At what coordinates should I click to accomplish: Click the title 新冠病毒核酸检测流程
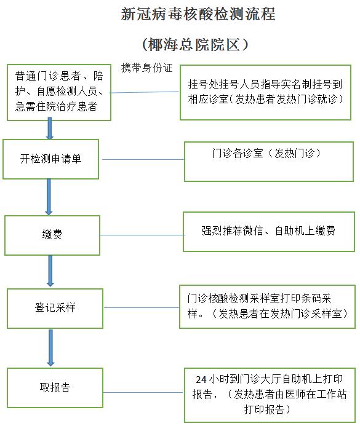coord(198,14)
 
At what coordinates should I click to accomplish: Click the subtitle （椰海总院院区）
coord(195,44)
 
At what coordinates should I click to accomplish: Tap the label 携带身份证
coord(147,68)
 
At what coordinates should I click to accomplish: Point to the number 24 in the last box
coord(201,379)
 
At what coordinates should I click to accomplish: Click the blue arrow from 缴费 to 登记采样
coord(50,271)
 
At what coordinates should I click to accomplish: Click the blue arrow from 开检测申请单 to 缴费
coord(49,197)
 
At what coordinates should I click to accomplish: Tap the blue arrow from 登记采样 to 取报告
coord(50,348)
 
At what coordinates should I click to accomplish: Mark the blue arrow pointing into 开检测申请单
coord(49,128)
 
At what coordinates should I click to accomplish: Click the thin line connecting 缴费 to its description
coord(143,235)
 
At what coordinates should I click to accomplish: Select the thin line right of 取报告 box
coord(143,392)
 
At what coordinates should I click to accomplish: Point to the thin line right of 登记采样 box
coord(142,308)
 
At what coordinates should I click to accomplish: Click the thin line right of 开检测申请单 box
coord(143,159)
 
